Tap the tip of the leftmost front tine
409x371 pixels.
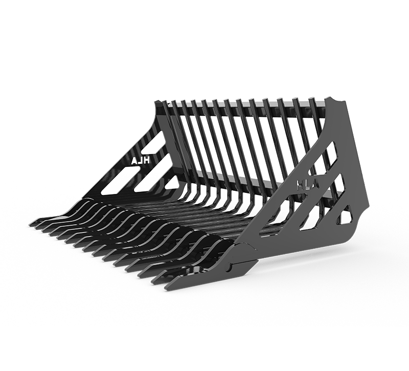tap(32, 223)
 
